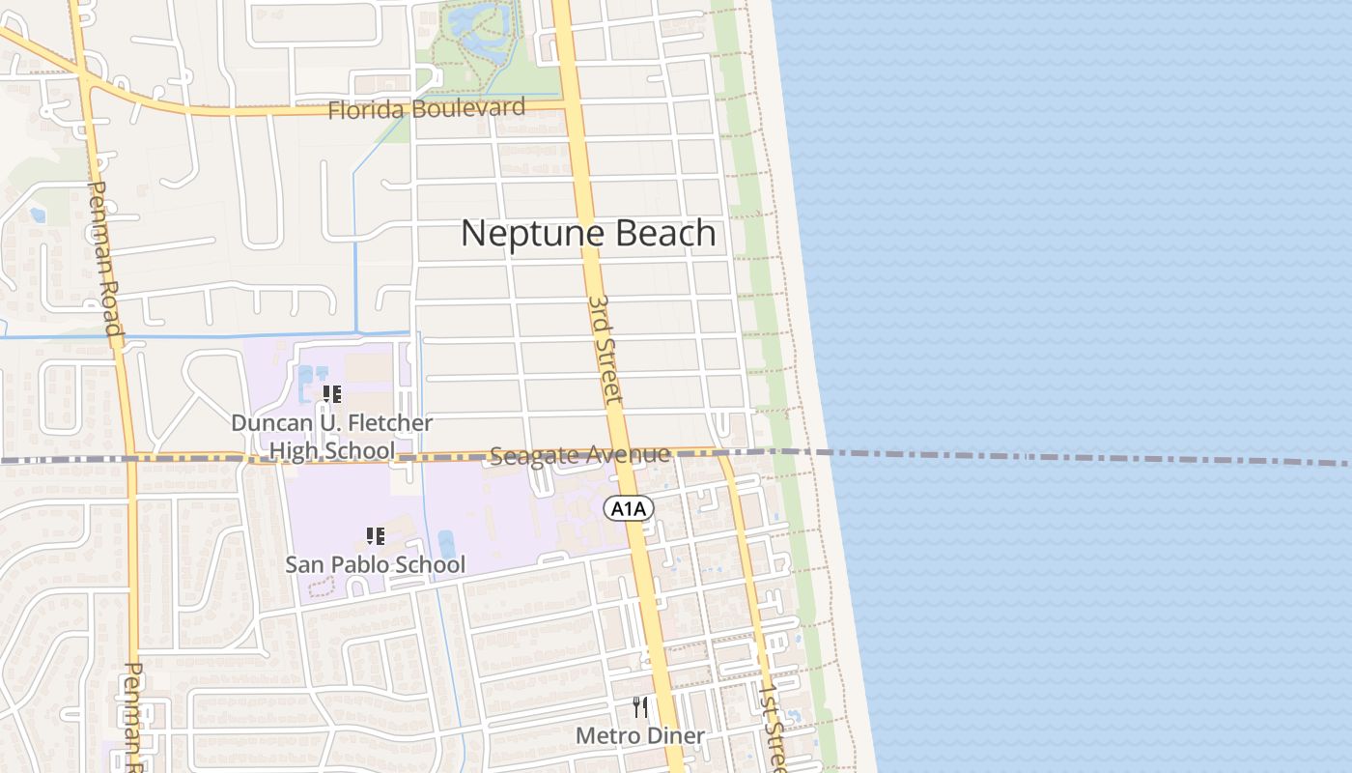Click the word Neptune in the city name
pyautogui.click(x=522, y=234)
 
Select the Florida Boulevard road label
pyautogui.click(x=426, y=108)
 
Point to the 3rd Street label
pyautogui.click(x=606, y=350)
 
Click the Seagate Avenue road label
pyautogui.click(x=579, y=454)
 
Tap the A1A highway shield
pyautogui.click(x=630, y=509)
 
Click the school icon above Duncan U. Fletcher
pyautogui.click(x=331, y=394)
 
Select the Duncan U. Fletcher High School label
pyautogui.click(x=331, y=437)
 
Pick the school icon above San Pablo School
pyautogui.click(x=375, y=535)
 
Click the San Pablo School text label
pyautogui.click(x=375, y=564)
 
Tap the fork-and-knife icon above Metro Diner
pyautogui.click(x=639, y=707)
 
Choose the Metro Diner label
pyautogui.click(x=639, y=736)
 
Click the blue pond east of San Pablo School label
pyautogui.click(x=446, y=545)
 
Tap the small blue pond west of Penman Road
pyautogui.click(x=38, y=215)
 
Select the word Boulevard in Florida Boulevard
pyautogui.click(x=467, y=107)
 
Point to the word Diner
pyautogui.click(x=675, y=736)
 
